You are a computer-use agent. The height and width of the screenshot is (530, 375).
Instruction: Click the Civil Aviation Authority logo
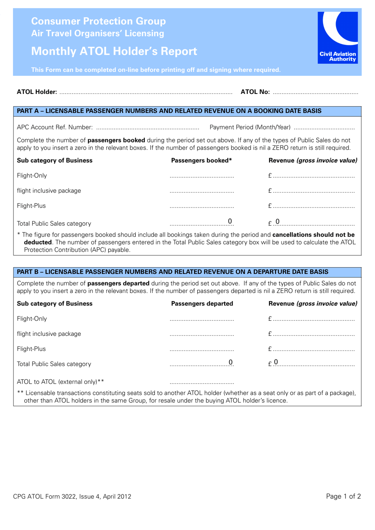[337, 37]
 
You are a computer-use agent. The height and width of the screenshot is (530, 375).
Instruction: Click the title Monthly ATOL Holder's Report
[114, 51]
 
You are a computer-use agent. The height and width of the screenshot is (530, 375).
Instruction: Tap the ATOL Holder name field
[146, 92]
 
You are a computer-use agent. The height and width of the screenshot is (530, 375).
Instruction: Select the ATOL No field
[315, 92]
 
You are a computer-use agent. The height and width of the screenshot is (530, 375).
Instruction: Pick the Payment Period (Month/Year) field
[324, 127]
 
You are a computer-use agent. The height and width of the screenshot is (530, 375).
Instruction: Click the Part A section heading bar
[187, 111]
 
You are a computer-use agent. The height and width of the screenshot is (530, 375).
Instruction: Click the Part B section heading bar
[187, 272]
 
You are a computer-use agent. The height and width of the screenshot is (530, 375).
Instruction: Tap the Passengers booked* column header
[201, 161]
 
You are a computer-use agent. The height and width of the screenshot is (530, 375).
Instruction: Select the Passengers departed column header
[202, 304]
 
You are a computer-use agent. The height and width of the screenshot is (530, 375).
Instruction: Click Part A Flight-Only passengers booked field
[202, 176]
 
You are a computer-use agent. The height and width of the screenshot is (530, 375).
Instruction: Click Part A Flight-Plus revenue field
[313, 206]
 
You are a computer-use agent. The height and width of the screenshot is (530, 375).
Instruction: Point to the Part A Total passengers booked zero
[230, 221]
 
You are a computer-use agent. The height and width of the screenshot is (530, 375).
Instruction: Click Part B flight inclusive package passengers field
[202, 334]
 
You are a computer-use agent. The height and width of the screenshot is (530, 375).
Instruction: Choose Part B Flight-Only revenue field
[313, 319]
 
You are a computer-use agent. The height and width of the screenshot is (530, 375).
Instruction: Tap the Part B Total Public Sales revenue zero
[276, 362]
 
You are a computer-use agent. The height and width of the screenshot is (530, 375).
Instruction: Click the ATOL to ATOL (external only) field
[202, 382]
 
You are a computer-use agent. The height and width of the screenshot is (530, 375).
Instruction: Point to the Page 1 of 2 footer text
[343, 496]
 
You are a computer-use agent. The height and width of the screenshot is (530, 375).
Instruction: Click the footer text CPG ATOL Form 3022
[72, 496]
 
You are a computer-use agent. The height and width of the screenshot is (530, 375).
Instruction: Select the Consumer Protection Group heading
[98, 21]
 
